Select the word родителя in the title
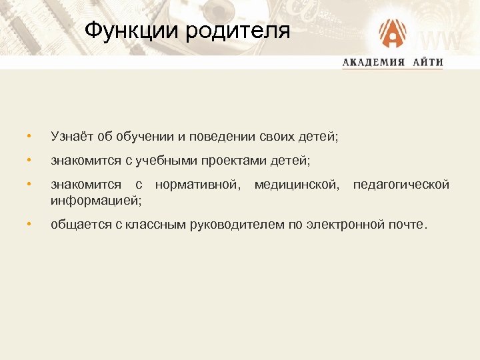click(x=236, y=31)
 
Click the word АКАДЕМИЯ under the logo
click(x=373, y=63)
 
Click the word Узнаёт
click(x=72, y=137)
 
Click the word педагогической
click(x=401, y=184)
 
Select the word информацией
click(x=95, y=199)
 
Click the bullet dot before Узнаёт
click(x=29, y=137)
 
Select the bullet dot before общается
click(x=29, y=224)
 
